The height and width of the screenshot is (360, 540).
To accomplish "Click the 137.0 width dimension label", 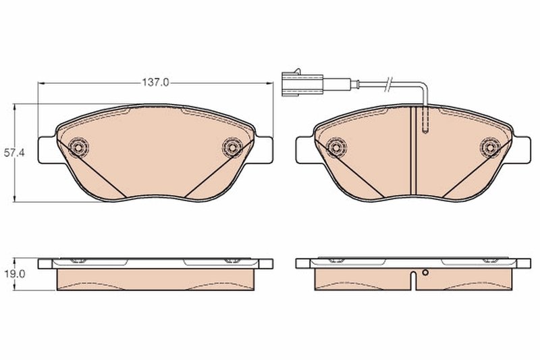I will (x=155, y=82).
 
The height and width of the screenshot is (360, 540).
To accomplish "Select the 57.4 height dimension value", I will (x=14, y=153).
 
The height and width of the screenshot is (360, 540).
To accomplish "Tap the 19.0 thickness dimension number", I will (x=14, y=276).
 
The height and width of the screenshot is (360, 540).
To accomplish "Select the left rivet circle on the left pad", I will (x=78, y=147).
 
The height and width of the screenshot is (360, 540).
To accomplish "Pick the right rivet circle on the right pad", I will (x=489, y=147).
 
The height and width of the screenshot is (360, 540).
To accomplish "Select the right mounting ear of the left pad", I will (x=264, y=149).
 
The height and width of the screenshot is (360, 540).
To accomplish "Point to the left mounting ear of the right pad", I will (x=304, y=149).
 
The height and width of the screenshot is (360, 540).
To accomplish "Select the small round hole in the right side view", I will (x=425, y=274).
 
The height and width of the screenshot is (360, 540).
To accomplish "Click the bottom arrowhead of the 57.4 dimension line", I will (x=16, y=199).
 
